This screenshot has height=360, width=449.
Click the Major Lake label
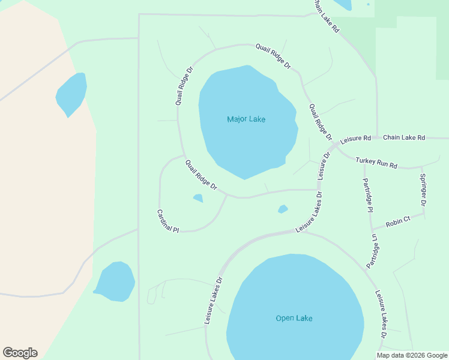click(x=246, y=119)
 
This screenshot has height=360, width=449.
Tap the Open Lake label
click(x=294, y=318)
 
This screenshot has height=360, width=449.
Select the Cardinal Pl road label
click(x=168, y=221)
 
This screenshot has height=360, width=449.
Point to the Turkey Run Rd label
click(x=376, y=162)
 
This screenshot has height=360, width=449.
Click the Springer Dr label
click(x=423, y=190)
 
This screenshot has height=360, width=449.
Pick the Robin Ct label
click(x=397, y=221)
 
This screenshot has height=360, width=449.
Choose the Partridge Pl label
click(x=369, y=195)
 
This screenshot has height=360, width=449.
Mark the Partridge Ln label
click(x=373, y=250)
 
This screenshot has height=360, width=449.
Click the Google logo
click(x=20, y=353)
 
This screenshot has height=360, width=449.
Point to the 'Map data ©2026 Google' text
click(x=412, y=355)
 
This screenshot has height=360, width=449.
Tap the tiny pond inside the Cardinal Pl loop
click(x=197, y=198)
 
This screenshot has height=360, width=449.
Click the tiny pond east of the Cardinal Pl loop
click(x=283, y=209)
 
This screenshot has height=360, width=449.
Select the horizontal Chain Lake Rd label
click(x=403, y=137)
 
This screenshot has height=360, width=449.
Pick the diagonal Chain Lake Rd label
click(x=325, y=16)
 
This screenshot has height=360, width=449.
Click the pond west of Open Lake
click(x=115, y=281)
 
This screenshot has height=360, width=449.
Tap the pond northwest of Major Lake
click(x=71, y=94)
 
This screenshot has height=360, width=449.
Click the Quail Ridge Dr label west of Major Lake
click(x=185, y=86)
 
